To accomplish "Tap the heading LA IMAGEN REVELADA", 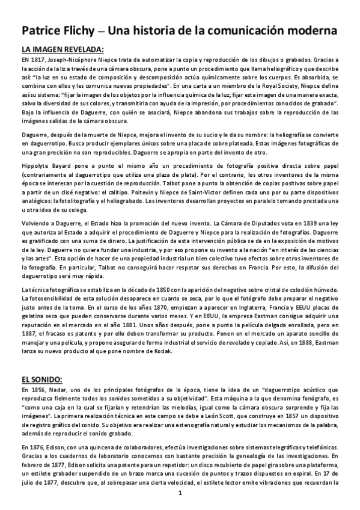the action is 63,51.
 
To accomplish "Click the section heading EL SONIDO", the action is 46,379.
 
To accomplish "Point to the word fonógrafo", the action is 308,399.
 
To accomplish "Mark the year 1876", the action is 38,448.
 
